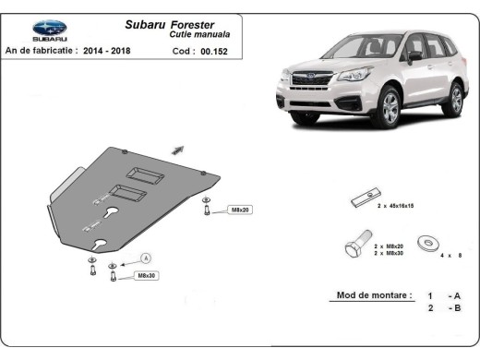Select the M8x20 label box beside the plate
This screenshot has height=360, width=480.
pyautogui.click(x=239, y=210)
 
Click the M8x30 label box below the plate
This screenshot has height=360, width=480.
pyautogui.click(x=146, y=275)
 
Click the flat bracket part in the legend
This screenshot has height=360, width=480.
pyautogui.click(x=361, y=203)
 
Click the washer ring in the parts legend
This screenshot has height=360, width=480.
pyautogui.click(x=428, y=243)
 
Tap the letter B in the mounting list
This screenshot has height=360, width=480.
pyautogui.click(x=456, y=308)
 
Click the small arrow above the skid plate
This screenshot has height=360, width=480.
pyautogui.click(x=179, y=149)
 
